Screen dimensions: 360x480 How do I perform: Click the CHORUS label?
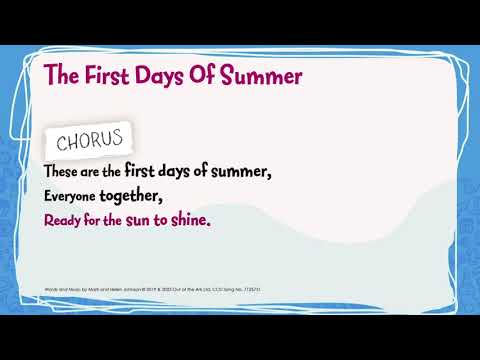coord(89,136)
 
